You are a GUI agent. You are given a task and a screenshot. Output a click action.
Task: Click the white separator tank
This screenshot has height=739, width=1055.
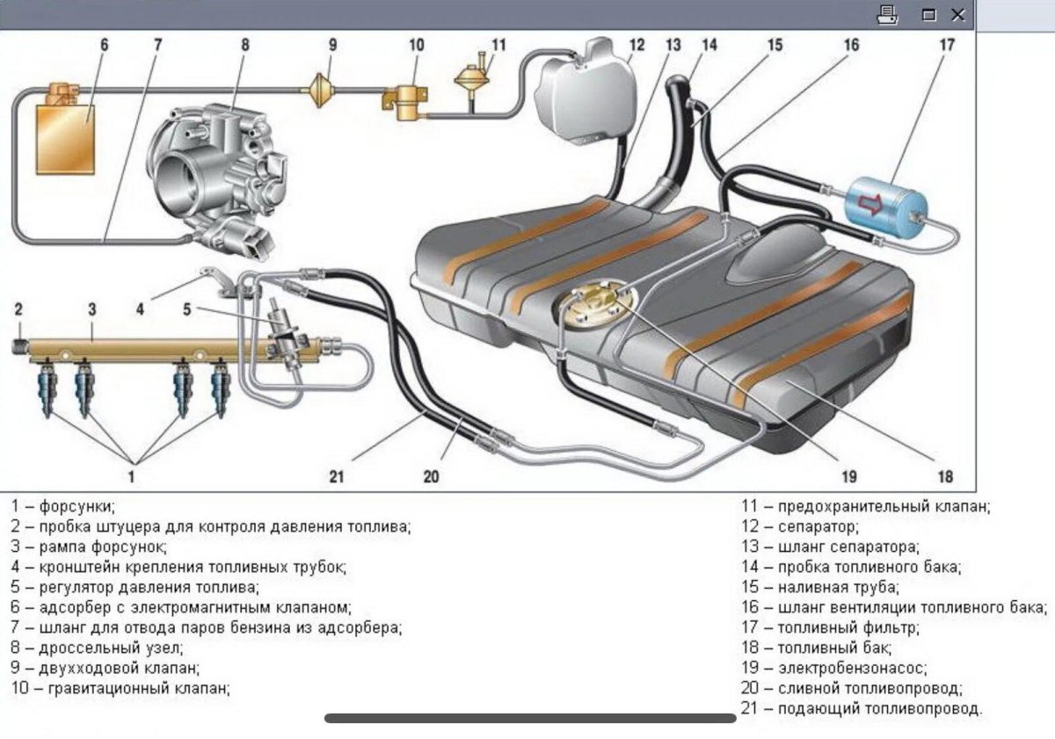click(x=583, y=92)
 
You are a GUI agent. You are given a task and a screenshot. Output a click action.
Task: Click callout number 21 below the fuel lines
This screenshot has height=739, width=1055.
click(x=337, y=477)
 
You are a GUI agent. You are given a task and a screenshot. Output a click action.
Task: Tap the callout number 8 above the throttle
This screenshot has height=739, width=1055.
click(x=244, y=44)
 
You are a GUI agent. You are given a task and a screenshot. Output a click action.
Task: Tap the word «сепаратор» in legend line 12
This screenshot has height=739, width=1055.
click(x=818, y=527)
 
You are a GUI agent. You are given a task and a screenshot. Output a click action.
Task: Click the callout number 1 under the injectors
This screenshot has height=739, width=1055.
click(x=132, y=477)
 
